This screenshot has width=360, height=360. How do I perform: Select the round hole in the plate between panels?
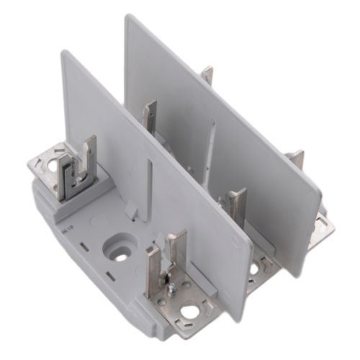[253, 269]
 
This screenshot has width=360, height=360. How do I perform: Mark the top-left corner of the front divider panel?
[63, 53]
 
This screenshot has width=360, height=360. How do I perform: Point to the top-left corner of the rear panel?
[127, 17]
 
